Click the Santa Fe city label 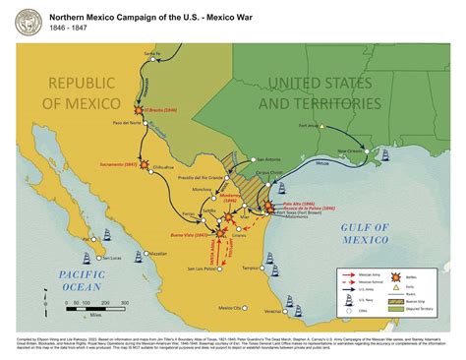pyautogui.click(x=150, y=53)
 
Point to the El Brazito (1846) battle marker pyautogui.click(x=139, y=110)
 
